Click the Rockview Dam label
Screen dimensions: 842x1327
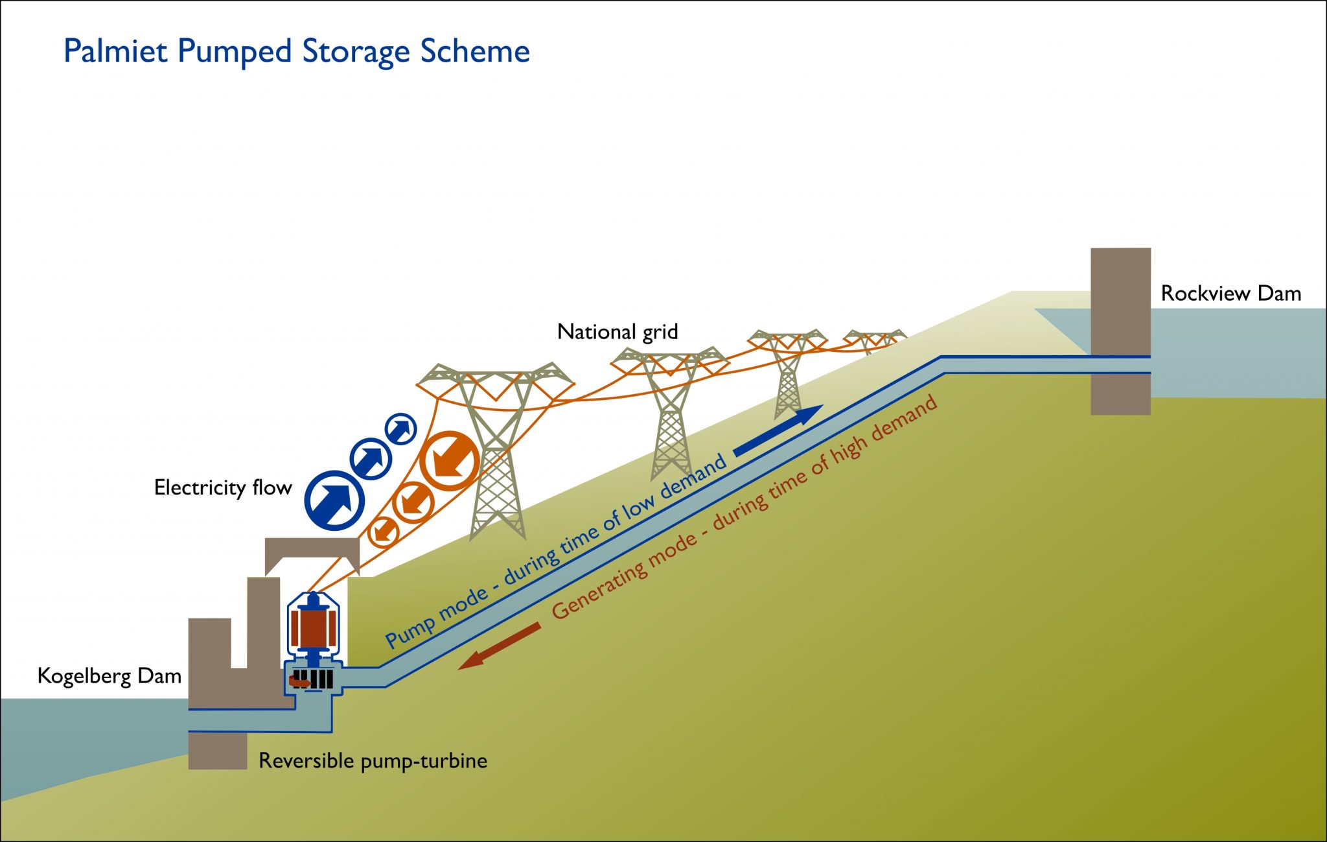point(1230,293)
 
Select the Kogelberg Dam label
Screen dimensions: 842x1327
point(109,676)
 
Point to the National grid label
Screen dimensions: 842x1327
point(617,332)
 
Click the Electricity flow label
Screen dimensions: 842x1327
point(222,487)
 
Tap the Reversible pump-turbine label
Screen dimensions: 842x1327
point(373,760)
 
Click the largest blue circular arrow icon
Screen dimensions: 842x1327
point(334,500)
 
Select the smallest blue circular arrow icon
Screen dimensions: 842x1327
point(400,428)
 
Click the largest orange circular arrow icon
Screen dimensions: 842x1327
point(449,461)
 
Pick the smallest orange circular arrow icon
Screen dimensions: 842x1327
point(383,532)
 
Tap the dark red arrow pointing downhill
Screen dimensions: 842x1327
point(499,646)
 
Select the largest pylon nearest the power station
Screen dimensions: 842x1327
point(496,447)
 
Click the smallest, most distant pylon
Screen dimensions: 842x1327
point(875,340)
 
